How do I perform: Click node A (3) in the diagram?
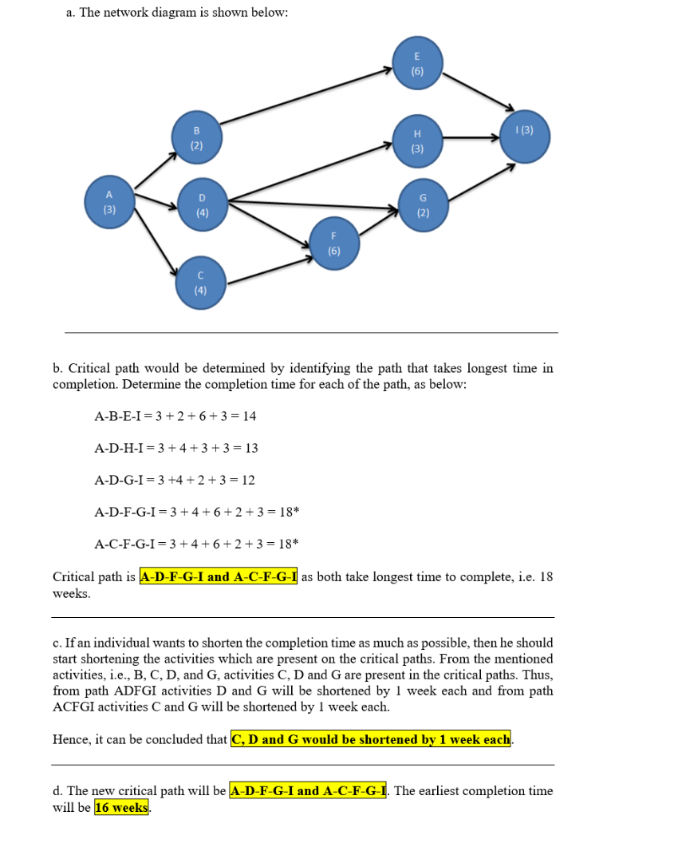pos(110,201)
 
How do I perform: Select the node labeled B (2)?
pos(197,137)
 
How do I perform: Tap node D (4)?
pos(202,204)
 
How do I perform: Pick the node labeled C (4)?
pos(200,282)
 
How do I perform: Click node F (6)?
pos(333,243)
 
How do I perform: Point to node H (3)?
pos(417,141)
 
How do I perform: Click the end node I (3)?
pos(525,136)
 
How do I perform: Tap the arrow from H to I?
pos(471,138)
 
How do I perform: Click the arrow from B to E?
pos(307,96)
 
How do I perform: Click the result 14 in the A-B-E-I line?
pos(249,416)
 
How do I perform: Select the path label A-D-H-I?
pos(120,448)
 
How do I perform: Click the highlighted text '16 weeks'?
pos(121,807)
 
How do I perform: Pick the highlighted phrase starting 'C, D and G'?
pos(371,739)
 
